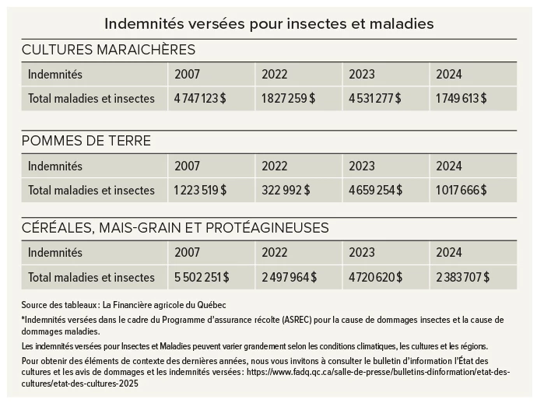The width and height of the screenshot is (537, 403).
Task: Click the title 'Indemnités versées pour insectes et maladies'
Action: point(268,23)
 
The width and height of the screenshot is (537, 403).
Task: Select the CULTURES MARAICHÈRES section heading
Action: point(108,51)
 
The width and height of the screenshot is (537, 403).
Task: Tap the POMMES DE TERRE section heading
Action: point(86,142)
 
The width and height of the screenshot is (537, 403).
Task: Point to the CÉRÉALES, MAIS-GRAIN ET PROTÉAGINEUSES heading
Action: point(175,228)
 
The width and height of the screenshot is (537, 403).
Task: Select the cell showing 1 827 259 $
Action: point(288,99)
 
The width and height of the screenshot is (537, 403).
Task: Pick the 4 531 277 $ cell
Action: point(376,99)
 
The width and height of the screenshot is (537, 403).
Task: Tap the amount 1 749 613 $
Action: point(462,99)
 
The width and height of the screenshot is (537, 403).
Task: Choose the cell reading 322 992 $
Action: point(286,190)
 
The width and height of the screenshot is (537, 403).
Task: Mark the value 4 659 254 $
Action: point(376,190)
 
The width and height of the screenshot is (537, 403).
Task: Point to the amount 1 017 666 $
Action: point(462,190)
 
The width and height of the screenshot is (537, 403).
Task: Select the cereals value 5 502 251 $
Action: point(202,277)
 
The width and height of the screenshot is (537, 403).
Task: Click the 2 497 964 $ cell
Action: point(290,277)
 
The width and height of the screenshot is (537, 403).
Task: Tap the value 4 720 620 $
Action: point(377,277)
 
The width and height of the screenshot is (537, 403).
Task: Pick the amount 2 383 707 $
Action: point(462,277)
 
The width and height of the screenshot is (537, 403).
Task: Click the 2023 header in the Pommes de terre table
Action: point(362,166)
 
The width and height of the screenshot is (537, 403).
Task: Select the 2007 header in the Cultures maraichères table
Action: point(187,75)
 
